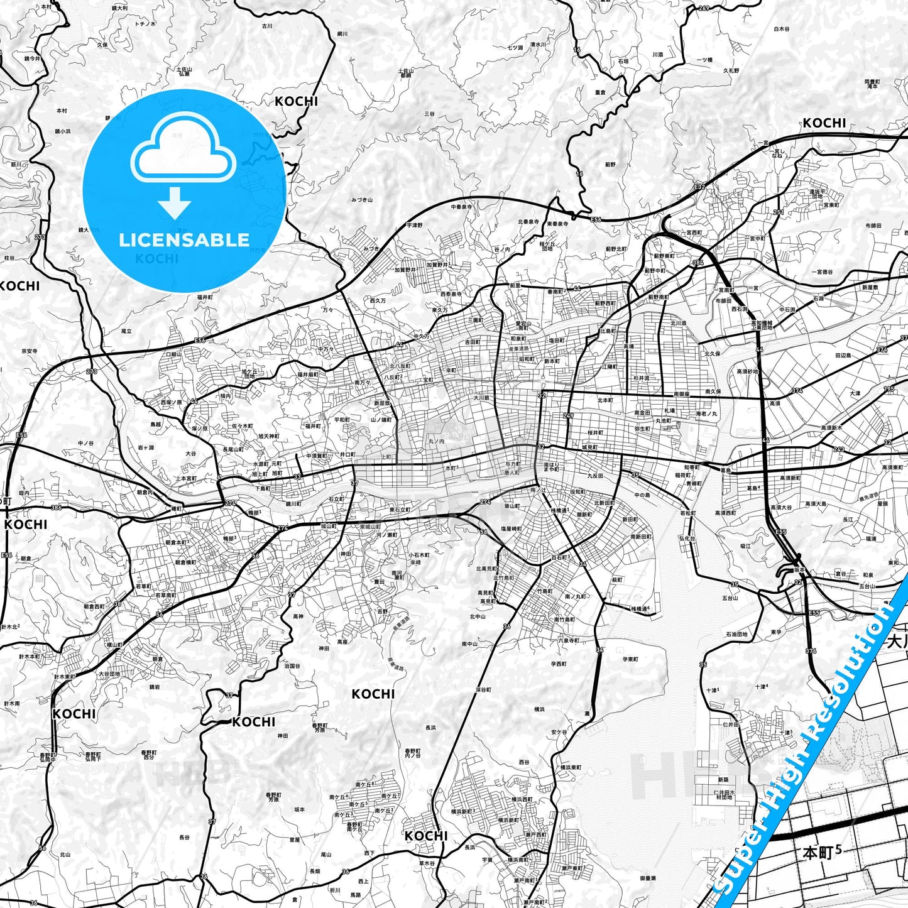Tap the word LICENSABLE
point(184,239)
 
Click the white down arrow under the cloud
point(175,203)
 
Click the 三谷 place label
point(429,114)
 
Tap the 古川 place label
point(267,26)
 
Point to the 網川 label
point(342,33)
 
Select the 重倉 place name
point(600,92)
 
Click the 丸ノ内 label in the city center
point(436,442)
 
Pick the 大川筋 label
point(481,397)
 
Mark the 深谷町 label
point(483,690)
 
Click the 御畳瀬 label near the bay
point(648,878)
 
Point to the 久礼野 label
point(731,70)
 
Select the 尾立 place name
point(126,331)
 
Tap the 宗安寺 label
point(30,351)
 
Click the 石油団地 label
point(736,635)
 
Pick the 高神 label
point(297,616)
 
